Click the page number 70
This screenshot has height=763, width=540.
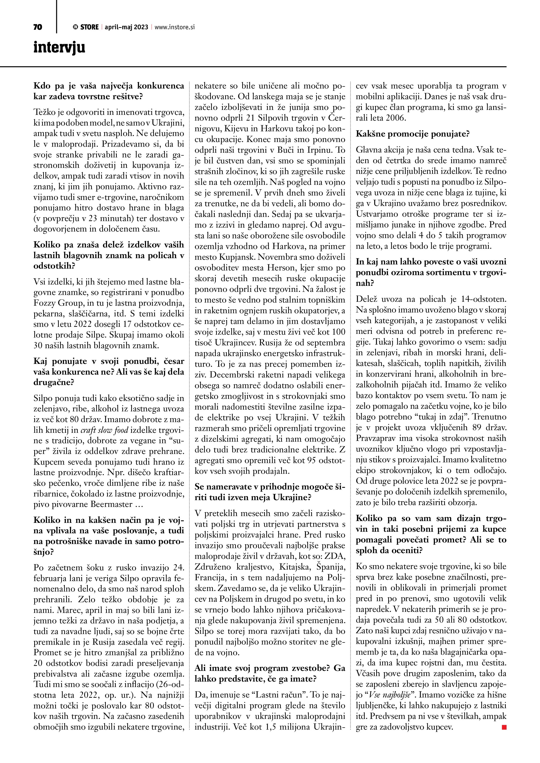coord(38,27)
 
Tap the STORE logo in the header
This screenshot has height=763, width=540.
coord(86,27)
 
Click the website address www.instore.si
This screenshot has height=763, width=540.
coord(175,27)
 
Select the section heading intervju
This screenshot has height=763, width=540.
coord(59,47)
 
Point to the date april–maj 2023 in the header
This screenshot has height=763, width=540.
coord(126,27)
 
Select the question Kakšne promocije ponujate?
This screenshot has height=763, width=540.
coord(412,134)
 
